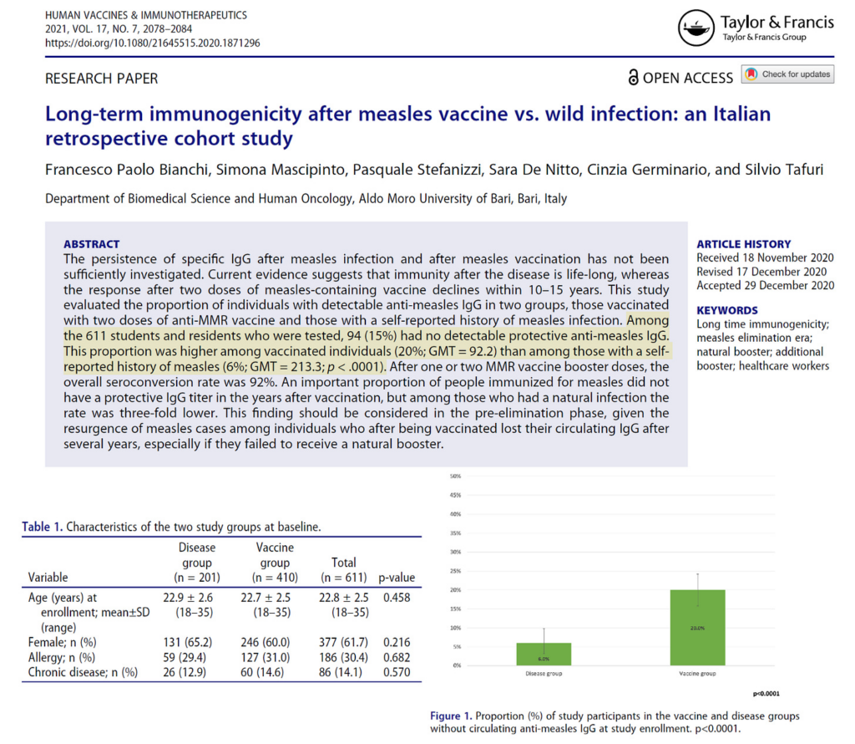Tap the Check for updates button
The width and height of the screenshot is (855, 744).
point(787,74)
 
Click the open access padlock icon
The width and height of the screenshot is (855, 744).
point(634,78)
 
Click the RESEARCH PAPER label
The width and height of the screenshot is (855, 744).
point(101,79)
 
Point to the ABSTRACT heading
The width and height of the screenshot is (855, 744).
point(92,244)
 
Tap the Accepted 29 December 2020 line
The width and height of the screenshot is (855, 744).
point(766,285)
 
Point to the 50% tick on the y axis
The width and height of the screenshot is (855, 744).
point(456,476)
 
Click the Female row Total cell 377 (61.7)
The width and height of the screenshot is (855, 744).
point(343,643)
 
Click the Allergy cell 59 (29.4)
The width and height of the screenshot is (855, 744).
point(196,657)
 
